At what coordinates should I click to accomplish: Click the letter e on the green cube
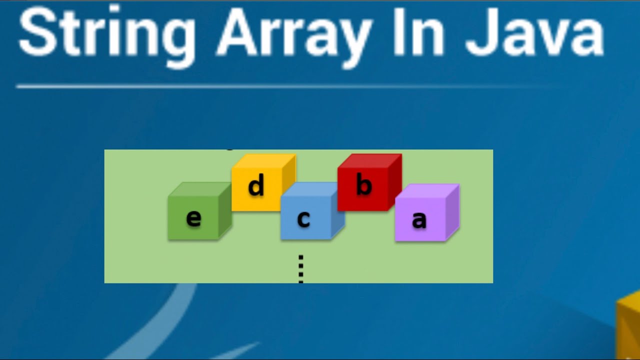point(193,218)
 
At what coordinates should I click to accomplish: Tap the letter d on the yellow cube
point(256,186)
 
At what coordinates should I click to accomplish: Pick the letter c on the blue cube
point(303,219)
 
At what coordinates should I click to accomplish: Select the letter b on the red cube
point(364,185)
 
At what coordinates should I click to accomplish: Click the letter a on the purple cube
point(419,220)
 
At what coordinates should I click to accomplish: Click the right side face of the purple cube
point(452,212)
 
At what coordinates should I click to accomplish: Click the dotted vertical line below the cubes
point(301,268)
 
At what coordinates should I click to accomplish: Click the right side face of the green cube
point(225,212)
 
